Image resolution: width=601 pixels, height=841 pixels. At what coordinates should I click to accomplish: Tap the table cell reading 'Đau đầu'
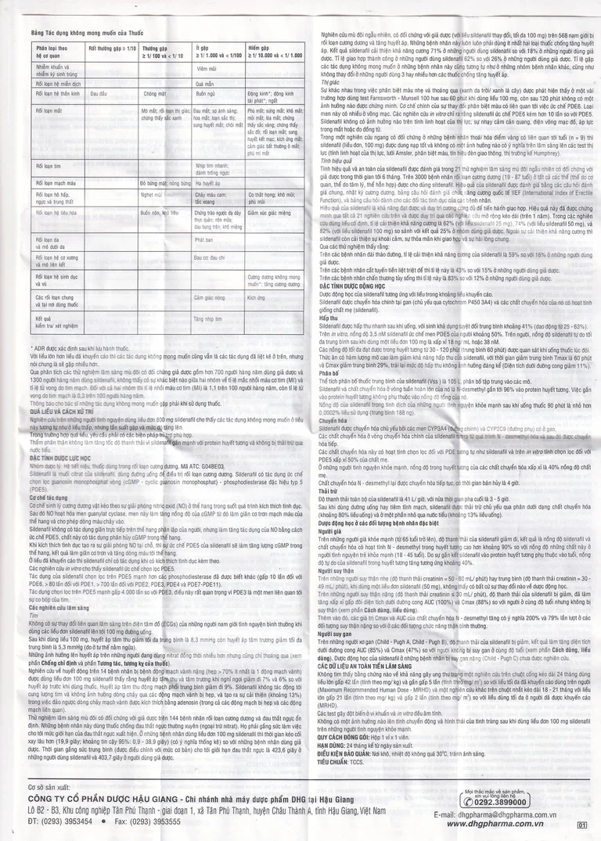pos(99,92)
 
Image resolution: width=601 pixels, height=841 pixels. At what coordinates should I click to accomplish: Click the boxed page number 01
pos(581,824)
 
